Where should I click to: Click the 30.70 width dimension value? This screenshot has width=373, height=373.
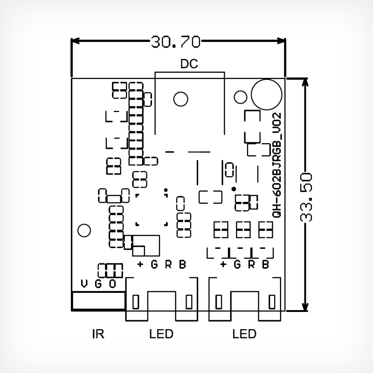click(175, 42)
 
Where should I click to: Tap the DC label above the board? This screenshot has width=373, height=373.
click(189, 64)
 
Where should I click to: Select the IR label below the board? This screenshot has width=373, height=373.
click(98, 334)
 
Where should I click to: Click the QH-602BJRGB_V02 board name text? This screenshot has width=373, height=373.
click(276, 166)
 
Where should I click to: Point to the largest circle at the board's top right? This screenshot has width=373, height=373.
click(266, 94)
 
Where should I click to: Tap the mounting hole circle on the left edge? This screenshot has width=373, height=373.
click(84, 230)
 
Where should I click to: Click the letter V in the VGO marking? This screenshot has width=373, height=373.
click(84, 284)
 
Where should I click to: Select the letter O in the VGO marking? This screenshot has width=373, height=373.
click(112, 284)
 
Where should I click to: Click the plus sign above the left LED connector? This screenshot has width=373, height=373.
click(140, 265)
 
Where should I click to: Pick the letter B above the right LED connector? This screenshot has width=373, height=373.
click(265, 265)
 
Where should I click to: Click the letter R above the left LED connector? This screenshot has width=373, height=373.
click(168, 265)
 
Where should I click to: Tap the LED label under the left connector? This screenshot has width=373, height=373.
click(161, 334)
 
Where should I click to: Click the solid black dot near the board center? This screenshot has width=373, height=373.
click(234, 189)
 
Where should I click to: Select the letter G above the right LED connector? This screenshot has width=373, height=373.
click(237, 265)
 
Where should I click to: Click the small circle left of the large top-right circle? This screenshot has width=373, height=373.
click(240, 97)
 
